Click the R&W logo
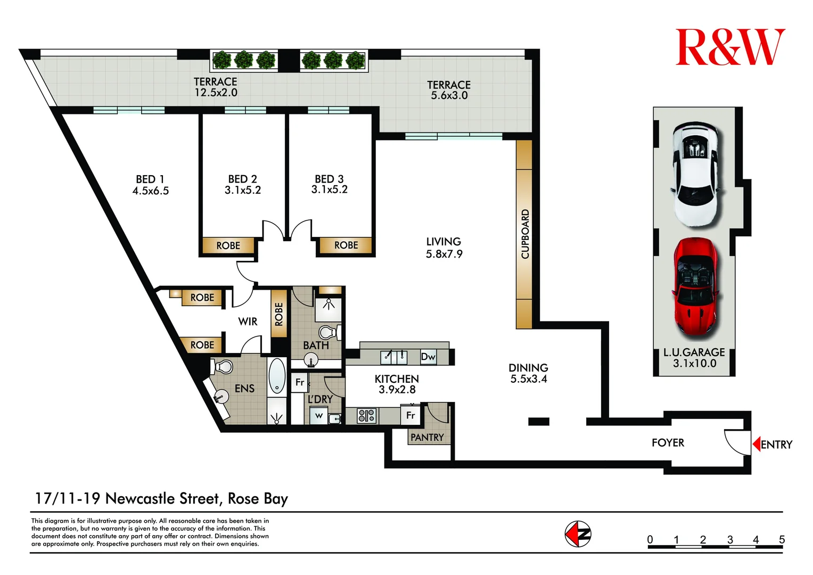(729, 47)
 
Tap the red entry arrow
(756, 444)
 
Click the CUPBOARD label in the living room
(524, 234)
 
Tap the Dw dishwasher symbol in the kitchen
(428, 357)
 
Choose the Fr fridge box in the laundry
(300, 382)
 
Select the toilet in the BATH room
(328, 332)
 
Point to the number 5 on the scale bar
(781, 539)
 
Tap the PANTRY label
(427, 437)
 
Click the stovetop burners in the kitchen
(366, 415)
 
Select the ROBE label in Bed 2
(228, 245)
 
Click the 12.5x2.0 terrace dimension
(216, 93)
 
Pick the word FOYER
(668, 442)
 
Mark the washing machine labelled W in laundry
(318, 416)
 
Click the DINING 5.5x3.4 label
(528, 373)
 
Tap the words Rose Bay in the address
(258, 498)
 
